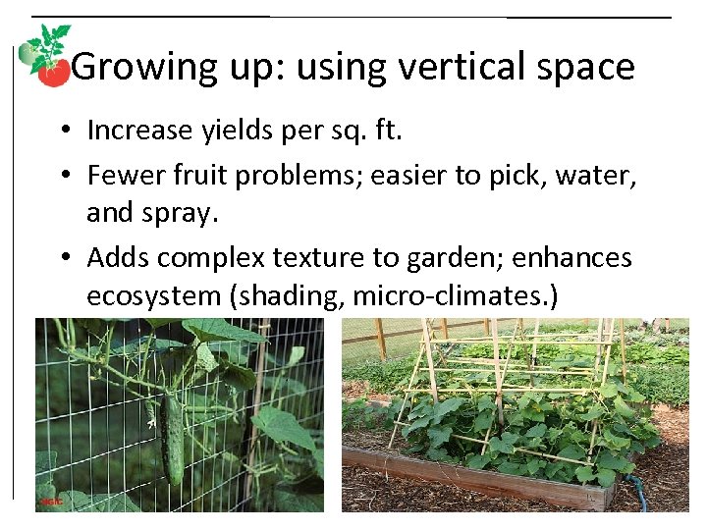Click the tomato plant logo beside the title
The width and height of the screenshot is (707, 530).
(45, 56)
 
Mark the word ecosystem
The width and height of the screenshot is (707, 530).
(152, 297)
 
